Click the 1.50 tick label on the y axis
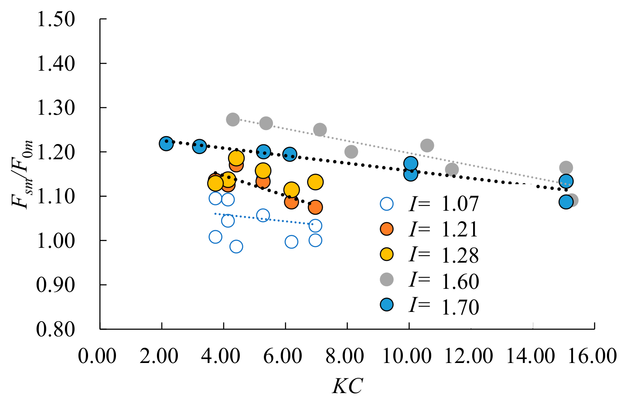pyautogui.click(x=56, y=20)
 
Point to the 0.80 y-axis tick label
pyautogui.click(x=56, y=329)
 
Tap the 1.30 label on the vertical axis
pyautogui.click(x=56, y=108)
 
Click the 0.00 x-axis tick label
pyautogui.click(x=97, y=356)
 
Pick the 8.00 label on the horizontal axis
pyautogui.click(x=345, y=356)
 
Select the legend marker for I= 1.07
pyautogui.click(x=387, y=204)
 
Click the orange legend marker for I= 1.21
pyautogui.click(x=387, y=229)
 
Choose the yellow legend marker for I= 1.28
pyautogui.click(x=387, y=254)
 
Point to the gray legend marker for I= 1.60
pyautogui.click(x=387, y=279)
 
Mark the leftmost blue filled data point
pyautogui.click(x=166, y=144)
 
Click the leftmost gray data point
pyautogui.click(x=233, y=120)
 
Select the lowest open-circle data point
pyautogui.click(x=236, y=247)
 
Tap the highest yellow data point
pyautogui.click(x=236, y=158)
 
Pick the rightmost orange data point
pyautogui.click(x=315, y=207)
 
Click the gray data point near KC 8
pyautogui.click(x=351, y=152)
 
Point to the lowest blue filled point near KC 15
pyautogui.click(x=566, y=202)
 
